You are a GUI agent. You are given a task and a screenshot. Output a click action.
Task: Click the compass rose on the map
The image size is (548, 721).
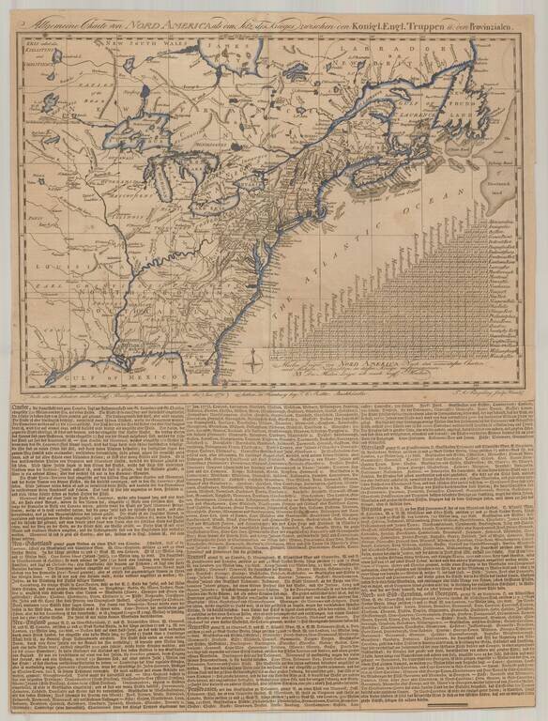pyautogui.click(x=257, y=358)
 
